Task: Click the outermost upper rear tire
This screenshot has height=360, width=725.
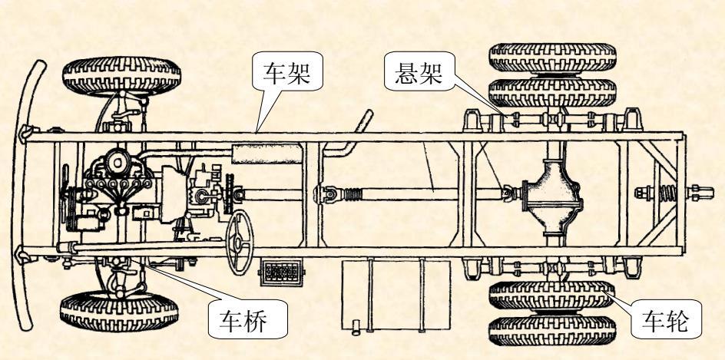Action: (553, 57)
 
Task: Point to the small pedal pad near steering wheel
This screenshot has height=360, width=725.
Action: (282, 272)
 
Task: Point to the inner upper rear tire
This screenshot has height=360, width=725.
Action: (553, 91)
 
